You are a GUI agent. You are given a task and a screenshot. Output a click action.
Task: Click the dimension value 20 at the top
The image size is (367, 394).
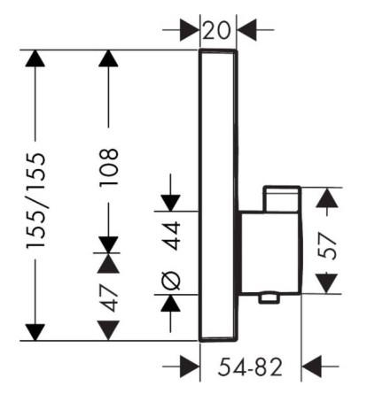pyautogui.click(x=217, y=31)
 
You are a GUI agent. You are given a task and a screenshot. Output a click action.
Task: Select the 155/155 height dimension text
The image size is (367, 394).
pyautogui.click(x=36, y=201)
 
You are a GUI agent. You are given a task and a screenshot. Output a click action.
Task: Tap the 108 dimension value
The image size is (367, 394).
pyautogui.click(x=109, y=166)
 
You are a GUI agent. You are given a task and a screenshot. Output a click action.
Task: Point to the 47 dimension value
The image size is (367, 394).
pyautogui.click(x=109, y=298)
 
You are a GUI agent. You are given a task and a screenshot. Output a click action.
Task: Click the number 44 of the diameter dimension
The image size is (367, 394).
pyautogui.click(x=172, y=236)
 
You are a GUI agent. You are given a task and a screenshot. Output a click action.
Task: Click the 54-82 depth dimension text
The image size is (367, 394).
pyautogui.click(x=250, y=367)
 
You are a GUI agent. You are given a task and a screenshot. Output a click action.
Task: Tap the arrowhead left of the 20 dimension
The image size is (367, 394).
pyautogui.click(x=190, y=30)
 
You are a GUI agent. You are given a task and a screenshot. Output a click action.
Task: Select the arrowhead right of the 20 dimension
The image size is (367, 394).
pyautogui.click(x=246, y=30)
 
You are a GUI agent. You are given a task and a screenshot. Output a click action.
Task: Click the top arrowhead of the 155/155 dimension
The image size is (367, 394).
pyautogui.click(x=35, y=58)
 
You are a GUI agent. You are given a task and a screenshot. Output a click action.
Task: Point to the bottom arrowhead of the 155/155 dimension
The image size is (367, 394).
pyautogui.click(x=35, y=332)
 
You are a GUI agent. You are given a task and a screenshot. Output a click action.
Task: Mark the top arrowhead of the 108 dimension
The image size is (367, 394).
pyautogui.click(x=108, y=58)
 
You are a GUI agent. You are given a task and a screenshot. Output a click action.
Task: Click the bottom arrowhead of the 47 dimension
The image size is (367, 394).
pyautogui.click(x=108, y=331)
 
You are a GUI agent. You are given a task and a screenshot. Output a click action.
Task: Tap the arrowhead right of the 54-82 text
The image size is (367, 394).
pyautogui.click(x=311, y=367)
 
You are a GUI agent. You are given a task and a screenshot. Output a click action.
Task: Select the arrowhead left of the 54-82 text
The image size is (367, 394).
pyautogui.click(x=190, y=367)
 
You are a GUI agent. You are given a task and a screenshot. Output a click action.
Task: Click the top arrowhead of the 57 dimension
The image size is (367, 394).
pyautogui.click(x=327, y=197)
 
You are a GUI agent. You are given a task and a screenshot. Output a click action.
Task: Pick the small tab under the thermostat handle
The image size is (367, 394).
pyautogui.click(x=269, y=298)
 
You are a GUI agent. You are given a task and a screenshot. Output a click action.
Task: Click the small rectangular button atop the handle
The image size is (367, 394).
pyautogui.click(x=282, y=199)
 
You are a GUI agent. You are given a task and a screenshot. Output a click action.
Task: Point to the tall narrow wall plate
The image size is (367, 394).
pyautogui.click(x=218, y=196)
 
